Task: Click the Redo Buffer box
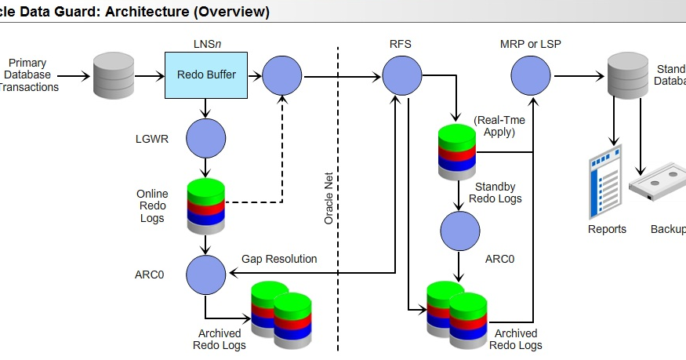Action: point(205,75)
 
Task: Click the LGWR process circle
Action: point(205,139)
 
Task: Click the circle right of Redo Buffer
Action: point(282,76)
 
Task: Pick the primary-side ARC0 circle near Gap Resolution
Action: point(205,274)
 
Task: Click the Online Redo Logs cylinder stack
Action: point(205,206)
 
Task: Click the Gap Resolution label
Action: point(279,259)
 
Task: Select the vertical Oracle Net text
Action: point(329,199)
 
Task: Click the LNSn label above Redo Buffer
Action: point(205,44)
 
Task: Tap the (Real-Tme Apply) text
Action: point(499,125)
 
